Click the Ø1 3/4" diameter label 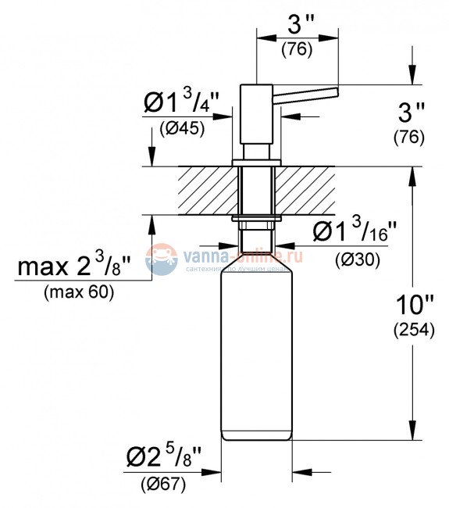pos(180,102)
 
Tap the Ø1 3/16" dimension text pos(355,232)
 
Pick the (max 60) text pos(79,293)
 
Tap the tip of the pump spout pos(335,92)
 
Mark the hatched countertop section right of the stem pos(309,189)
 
